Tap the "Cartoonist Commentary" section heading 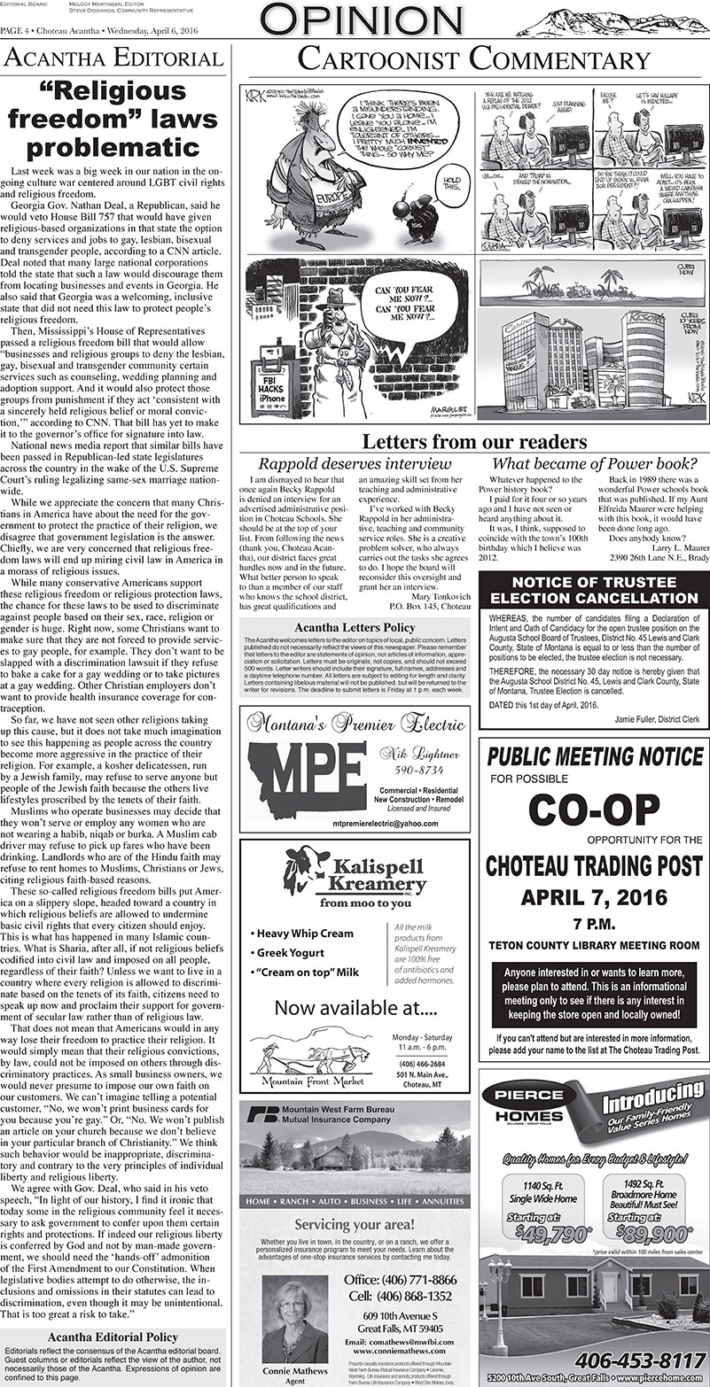(473, 59)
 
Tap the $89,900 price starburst (644, 1233)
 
